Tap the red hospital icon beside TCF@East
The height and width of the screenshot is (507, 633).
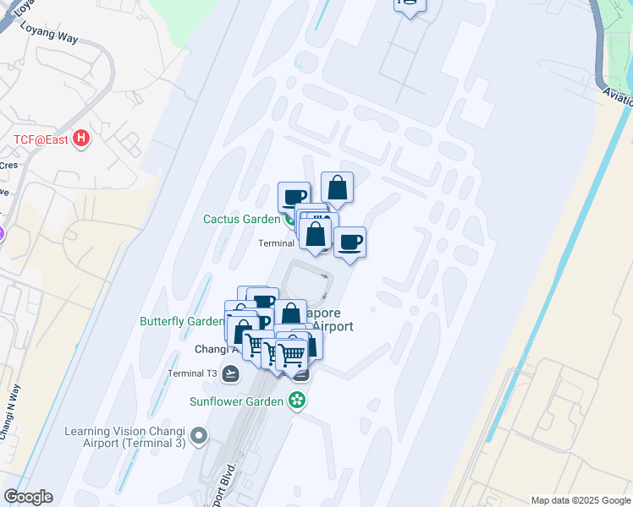click(x=81, y=138)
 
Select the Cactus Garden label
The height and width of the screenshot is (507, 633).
click(x=241, y=219)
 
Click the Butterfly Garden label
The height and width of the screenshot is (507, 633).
click(x=181, y=321)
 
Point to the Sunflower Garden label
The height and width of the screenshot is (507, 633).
click(x=236, y=401)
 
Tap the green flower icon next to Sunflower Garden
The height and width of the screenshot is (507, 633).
click(x=297, y=401)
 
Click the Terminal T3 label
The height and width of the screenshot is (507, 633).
click(x=192, y=373)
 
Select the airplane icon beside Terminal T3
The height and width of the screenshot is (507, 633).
click(x=231, y=373)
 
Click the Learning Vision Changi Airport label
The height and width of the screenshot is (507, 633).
click(x=125, y=437)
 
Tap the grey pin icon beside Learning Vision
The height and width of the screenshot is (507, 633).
click(x=199, y=436)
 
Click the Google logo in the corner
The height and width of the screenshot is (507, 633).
click(x=28, y=497)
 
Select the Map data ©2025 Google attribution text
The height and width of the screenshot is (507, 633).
click(x=580, y=500)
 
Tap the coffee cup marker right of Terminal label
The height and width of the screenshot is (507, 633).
click(x=350, y=243)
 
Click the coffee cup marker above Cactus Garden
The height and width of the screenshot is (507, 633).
click(x=294, y=198)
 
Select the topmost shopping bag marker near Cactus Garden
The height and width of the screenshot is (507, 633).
click(x=337, y=189)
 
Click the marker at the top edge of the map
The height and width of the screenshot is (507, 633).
click(x=410, y=4)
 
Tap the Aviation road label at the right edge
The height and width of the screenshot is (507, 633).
click(x=617, y=96)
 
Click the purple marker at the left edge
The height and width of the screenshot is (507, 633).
click(x=2, y=233)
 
